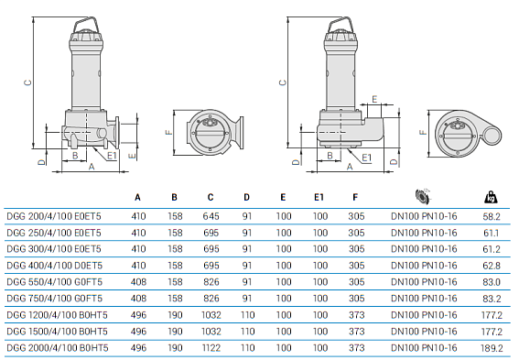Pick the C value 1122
(211, 348)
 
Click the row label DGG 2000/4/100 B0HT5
(55, 348)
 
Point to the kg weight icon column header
(492, 196)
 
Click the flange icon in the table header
(422, 195)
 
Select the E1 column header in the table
(319, 197)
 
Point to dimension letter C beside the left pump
(27, 81)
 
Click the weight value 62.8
(492, 267)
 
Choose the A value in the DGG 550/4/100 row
(138, 283)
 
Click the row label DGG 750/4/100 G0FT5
(52, 300)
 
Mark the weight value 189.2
(490, 348)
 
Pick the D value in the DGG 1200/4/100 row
(246, 316)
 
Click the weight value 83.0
(492, 283)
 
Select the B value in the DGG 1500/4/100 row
(174, 332)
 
